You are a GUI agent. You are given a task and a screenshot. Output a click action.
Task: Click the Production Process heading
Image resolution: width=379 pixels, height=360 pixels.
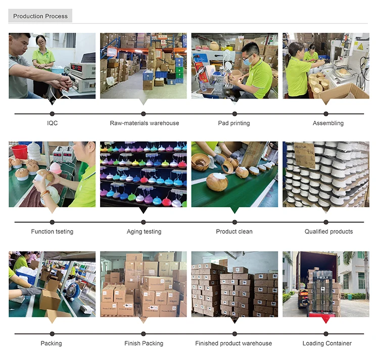click(x=40, y=16)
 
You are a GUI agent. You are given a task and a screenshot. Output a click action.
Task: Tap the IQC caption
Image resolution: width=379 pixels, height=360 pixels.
click(x=52, y=123)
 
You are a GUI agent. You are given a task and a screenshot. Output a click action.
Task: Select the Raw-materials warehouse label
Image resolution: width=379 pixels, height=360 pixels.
click(x=145, y=123)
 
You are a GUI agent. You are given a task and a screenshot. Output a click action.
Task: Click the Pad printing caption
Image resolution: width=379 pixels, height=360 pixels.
click(x=234, y=123)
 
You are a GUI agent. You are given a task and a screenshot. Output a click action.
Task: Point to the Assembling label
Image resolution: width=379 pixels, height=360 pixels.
click(x=328, y=123)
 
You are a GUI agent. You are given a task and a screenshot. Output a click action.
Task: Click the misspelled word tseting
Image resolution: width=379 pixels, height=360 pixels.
click(x=64, y=232)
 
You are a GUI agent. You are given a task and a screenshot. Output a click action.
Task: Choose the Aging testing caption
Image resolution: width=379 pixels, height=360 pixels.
click(x=144, y=232)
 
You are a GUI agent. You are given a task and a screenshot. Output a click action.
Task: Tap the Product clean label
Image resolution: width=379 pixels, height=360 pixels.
click(x=234, y=232)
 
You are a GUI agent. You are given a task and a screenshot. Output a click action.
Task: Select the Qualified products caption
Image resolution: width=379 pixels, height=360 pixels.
click(x=329, y=232)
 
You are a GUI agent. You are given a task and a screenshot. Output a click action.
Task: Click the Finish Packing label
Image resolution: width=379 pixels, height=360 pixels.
click(x=144, y=343)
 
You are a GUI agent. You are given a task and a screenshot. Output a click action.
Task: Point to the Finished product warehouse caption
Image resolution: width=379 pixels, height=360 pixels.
click(x=233, y=343)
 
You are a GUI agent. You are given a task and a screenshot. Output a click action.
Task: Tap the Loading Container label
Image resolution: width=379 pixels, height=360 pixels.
click(x=327, y=343)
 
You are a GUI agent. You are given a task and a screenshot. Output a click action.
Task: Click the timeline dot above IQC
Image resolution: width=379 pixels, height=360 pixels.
click(x=52, y=114)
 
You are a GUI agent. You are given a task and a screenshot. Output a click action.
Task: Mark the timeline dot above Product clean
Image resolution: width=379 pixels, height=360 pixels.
click(x=234, y=222)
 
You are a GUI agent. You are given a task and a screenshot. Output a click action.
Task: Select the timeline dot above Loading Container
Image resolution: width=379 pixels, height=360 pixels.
click(x=326, y=334)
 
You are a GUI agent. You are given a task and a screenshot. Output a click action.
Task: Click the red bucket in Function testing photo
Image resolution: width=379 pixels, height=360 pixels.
click(x=19, y=152)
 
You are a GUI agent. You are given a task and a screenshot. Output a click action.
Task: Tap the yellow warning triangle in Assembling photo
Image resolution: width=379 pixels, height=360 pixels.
click(x=360, y=47)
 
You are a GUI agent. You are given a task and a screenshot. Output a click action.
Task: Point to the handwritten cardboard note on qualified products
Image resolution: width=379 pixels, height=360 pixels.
click(x=305, y=155)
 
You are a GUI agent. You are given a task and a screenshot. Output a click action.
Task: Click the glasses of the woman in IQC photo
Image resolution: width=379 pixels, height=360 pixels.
click(x=40, y=43)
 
